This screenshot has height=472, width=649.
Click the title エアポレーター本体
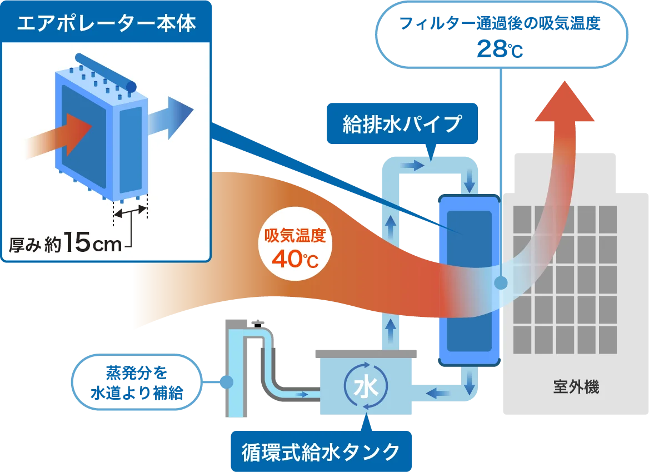[x=106, y=24]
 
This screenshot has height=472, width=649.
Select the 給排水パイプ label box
[x=402, y=124]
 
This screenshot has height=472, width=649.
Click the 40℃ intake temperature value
[x=295, y=259]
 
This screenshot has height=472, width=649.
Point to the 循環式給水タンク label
[x=321, y=451]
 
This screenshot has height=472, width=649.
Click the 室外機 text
[x=576, y=387]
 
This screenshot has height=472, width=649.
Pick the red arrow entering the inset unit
[x=69, y=134]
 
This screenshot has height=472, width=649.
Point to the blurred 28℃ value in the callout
[x=499, y=48]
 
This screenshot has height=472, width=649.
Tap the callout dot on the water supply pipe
[x=226, y=382]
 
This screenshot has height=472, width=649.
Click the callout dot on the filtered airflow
[x=501, y=283]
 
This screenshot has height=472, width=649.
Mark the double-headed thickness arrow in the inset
[x=131, y=210]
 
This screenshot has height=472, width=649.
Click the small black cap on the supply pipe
[x=257, y=324]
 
